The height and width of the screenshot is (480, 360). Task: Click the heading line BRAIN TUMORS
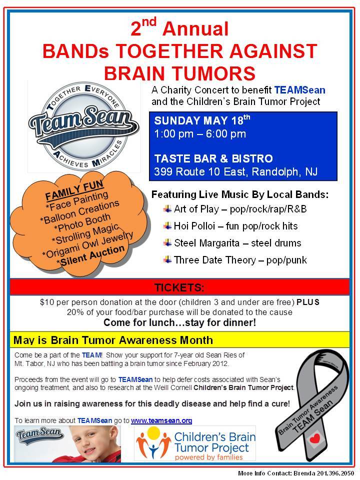click(x=179, y=72)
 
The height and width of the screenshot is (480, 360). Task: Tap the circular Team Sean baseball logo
click(x=73, y=128)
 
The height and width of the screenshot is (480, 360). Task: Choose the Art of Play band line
click(x=240, y=208)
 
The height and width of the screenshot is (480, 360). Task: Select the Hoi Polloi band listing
click(x=235, y=226)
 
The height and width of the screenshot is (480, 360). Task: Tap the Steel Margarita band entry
click(x=237, y=243)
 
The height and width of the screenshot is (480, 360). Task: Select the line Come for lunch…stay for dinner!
click(x=180, y=323)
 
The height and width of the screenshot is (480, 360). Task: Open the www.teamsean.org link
click(x=161, y=420)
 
